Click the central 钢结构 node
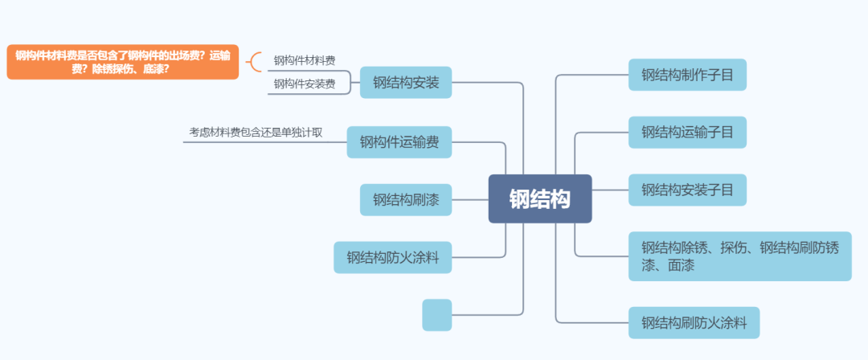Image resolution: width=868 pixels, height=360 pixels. coord(540,198)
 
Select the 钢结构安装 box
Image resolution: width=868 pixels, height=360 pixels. coord(405,82)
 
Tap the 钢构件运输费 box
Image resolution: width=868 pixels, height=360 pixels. coord(399,142)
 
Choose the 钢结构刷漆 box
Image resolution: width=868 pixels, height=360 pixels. coord(405,199)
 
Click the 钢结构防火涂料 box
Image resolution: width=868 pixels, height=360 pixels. coord(392,257)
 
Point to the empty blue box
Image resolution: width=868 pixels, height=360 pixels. coord(436,315)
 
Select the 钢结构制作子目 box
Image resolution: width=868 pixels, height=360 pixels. coord(687,75)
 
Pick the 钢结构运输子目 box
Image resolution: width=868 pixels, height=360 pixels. coord(687,133)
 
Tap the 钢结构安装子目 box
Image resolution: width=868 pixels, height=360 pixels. coord(687,190)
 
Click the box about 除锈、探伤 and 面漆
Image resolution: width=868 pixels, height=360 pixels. coord(739,256)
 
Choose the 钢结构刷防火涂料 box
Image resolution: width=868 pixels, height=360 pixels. coord(694,324)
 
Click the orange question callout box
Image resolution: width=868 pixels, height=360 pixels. coord(122,62)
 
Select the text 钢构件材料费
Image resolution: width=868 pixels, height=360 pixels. coord(305,60)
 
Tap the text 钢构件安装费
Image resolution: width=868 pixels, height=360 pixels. coord(305,84)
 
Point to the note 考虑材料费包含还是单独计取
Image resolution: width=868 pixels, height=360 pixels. coord(256,132)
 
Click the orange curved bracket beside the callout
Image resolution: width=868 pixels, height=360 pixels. coord(255,62)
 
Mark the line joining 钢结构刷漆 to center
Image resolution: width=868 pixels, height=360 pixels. coord(470,199)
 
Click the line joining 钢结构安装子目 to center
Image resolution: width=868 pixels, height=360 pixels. coord(610,190)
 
